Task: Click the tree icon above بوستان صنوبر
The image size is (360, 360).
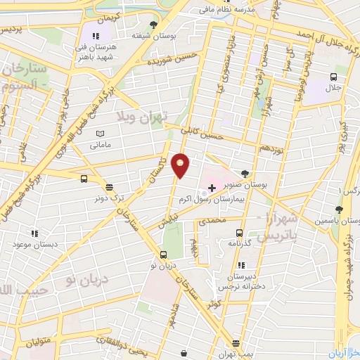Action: [244, 172]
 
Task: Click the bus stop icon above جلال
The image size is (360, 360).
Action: [334, 79]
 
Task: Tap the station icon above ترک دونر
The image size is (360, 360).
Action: [109, 187]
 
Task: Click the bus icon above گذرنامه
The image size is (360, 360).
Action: [240, 233]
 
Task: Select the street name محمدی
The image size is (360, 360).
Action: [213, 220]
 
